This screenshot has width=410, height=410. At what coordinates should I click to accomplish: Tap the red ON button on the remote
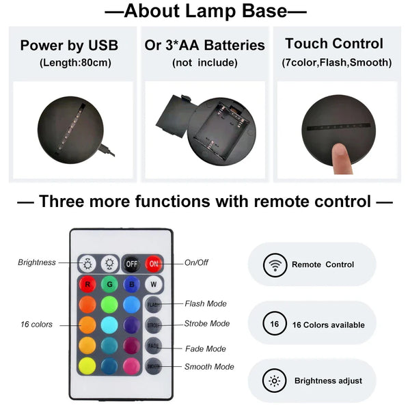154,263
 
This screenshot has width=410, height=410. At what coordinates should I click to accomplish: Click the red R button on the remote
87,284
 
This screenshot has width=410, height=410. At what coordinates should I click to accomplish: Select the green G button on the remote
109,284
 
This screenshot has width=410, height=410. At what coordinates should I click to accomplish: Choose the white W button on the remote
154,284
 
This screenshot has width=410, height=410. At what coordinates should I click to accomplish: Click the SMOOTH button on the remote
154,366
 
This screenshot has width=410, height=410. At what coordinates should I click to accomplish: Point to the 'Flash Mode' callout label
206,303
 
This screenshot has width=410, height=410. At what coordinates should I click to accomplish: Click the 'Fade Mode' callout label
205,348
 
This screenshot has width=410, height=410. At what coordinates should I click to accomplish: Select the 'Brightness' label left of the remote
37,262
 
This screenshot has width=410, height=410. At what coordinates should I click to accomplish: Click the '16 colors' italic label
36,325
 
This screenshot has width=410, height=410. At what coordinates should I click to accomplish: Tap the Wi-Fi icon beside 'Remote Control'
275,264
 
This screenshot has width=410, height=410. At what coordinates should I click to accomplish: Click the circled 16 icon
275,325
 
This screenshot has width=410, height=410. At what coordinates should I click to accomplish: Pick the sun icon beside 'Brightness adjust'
275,380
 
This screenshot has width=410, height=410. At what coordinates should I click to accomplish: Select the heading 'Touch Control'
334,44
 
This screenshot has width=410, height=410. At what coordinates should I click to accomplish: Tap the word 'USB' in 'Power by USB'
102,46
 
